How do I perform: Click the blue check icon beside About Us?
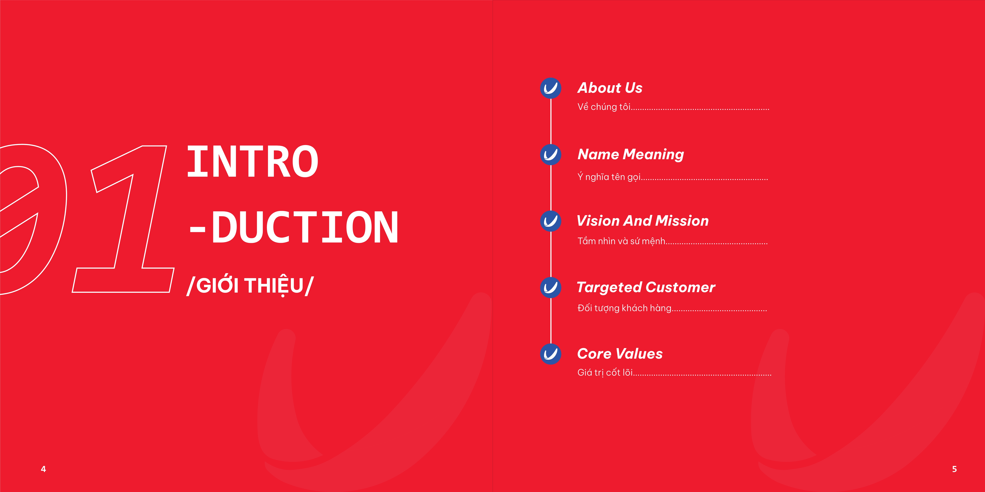coord(551,88)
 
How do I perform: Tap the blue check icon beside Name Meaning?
coord(551,155)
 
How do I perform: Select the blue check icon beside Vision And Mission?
coord(551,221)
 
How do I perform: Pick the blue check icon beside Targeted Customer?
coord(551,288)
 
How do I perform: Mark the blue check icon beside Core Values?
coord(551,354)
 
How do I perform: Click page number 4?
coord(43,469)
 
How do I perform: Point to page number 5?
coord(954,469)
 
